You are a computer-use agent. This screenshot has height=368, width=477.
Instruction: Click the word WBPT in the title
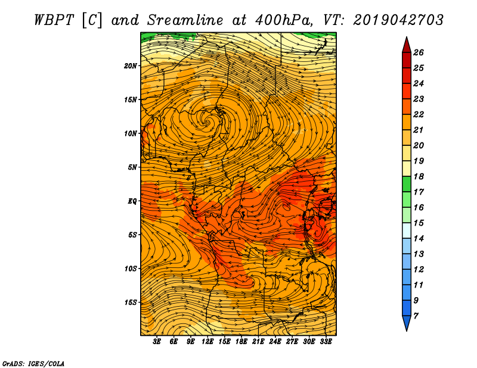(54, 20)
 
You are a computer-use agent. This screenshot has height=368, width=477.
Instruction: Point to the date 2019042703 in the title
(398, 20)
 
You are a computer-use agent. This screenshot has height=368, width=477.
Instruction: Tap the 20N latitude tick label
(131, 66)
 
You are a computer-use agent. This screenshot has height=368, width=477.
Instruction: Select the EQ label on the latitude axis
(132, 201)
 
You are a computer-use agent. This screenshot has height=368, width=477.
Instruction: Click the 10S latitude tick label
(131, 269)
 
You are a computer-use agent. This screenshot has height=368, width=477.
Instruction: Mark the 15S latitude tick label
(131, 302)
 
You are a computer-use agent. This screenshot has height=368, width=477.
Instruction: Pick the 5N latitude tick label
(132, 167)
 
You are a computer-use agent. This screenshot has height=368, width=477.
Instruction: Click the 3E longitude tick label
(157, 342)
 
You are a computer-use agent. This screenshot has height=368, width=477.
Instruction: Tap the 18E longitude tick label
(241, 342)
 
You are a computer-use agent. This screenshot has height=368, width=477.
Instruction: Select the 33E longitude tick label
(326, 342)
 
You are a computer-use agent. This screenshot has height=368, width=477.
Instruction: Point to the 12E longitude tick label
(207, 342)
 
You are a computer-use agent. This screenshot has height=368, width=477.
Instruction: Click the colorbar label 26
(419, 52)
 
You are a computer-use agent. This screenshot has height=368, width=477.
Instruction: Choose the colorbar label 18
(419, 176)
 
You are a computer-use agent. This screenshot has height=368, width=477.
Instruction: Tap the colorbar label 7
(416, 316)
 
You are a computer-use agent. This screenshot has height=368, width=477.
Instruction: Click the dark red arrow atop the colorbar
(407, 45)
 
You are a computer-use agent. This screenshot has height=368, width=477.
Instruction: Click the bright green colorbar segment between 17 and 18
(407, 184)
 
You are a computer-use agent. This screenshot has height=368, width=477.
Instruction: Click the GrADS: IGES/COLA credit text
(33, 363)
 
